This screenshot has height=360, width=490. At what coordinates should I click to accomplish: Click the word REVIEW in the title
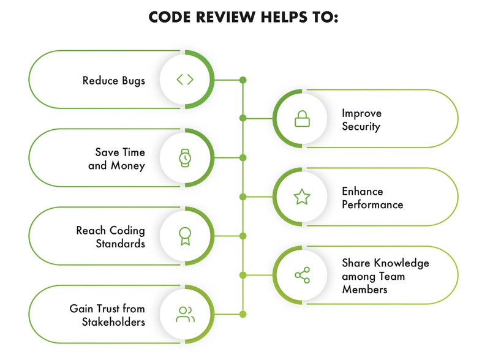(x=226, y=17)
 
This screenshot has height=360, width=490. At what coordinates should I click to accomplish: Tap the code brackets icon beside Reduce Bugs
(x=185, y=80)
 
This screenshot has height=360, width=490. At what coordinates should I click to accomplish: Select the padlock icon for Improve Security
(x=302, y=119)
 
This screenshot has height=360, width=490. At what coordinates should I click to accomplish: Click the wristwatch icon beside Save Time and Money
(x=185, y=158)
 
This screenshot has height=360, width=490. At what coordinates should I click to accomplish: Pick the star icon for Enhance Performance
(x=302, y=197)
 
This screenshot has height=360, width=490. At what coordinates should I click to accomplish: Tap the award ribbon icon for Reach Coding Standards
(x=185, y=236)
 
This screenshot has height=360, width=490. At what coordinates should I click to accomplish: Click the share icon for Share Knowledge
(x=302, y=275)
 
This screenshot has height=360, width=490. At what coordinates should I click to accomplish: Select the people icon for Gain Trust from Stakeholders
(x=186, y=314)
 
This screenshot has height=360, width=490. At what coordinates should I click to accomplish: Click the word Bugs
(x=134, y=81)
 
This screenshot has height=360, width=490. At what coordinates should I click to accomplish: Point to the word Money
(x=128, y=165)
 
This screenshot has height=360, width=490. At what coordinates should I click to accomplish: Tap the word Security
(x=361, y=127)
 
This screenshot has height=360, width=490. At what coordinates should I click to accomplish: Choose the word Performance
(x=372, y=204)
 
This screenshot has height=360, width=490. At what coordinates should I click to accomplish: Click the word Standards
(x=120, y=244)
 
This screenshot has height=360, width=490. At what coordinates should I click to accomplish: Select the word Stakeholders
(x=113, y=321)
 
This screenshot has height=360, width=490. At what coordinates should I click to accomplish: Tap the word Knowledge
(x=402, y=263)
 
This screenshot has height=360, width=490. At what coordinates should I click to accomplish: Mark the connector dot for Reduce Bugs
(x=243, y=80)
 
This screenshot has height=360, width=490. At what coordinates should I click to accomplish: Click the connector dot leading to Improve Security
(x=243, y=118)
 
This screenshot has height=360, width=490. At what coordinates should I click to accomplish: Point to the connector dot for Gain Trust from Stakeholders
(x=243, y=314)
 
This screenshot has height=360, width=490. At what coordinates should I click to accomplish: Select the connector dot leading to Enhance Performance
(x=243, y=197)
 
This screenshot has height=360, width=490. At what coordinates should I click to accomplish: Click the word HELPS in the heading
(x=283, y=17)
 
